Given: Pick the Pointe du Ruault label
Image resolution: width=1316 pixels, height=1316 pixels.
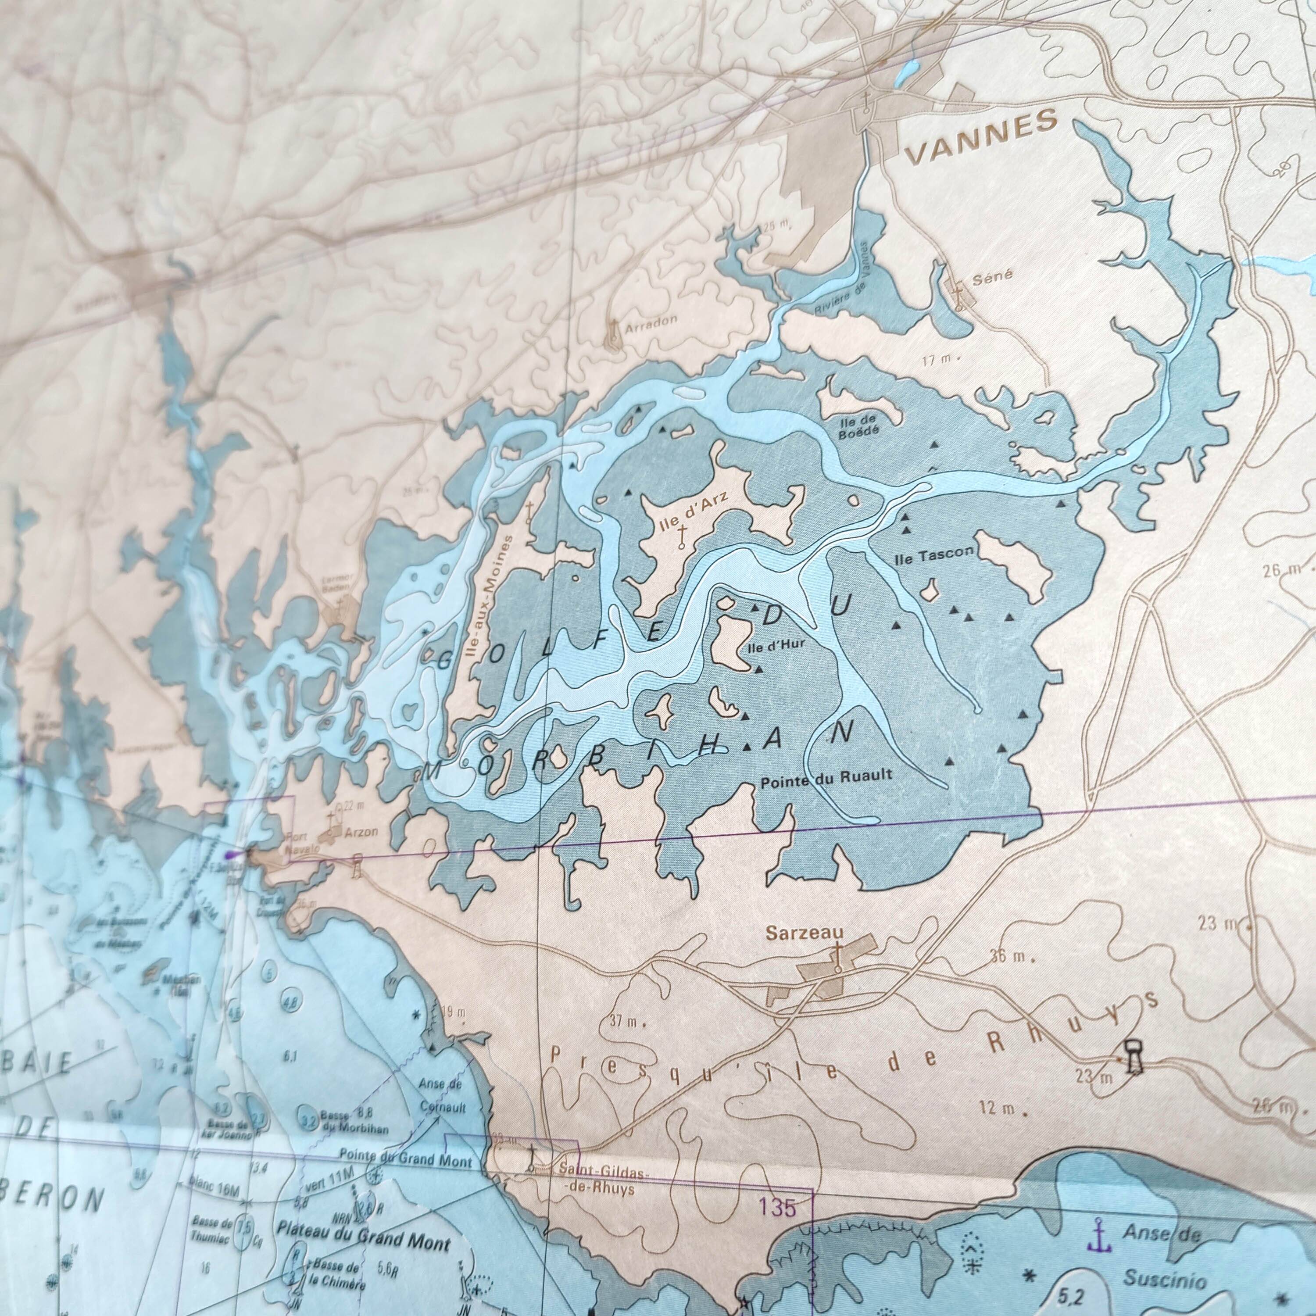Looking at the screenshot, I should [x=825, y=775].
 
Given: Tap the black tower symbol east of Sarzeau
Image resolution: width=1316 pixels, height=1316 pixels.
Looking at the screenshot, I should [x=1133, y=1076].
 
